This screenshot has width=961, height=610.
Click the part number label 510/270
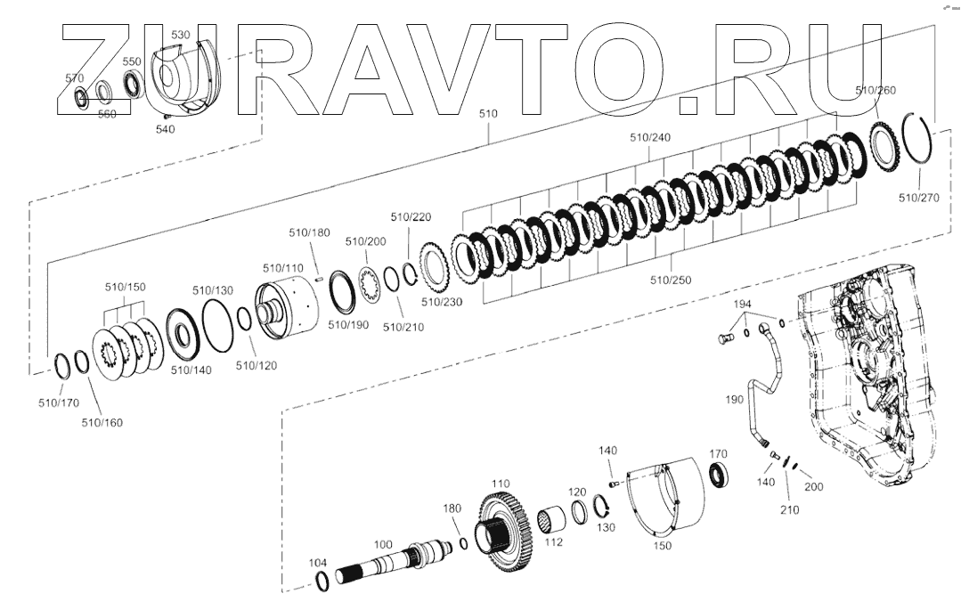point(918,198)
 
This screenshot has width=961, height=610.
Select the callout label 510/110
point(283,267)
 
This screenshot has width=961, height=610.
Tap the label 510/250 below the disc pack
point(671,280)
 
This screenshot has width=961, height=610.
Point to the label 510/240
point(650,138)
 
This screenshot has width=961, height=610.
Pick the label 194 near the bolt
point(743,305)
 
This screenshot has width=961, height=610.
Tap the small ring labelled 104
point(323,582)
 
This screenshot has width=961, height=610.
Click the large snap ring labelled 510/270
point(916,147)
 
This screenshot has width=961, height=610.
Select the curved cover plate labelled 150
point(663,503)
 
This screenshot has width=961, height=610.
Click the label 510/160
point(101,422)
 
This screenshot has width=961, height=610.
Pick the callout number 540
point(165,129)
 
